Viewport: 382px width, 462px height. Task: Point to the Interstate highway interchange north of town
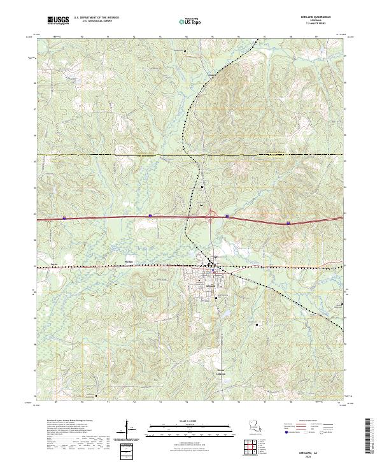pyautogui.click(x=211, y=217)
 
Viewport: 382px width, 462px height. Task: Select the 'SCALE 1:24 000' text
pyautogui.click(x=190, y=421)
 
